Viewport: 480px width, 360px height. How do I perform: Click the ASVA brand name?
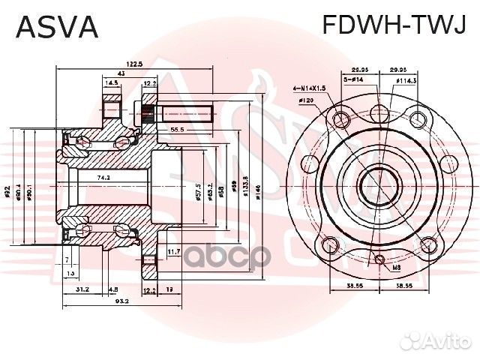[57, 27]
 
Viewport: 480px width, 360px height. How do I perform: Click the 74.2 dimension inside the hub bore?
[103, 178]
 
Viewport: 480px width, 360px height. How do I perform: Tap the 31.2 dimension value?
[82, 289]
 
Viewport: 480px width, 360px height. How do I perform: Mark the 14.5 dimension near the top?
[112, 83]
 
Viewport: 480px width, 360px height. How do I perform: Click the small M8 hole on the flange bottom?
[380, 258]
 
